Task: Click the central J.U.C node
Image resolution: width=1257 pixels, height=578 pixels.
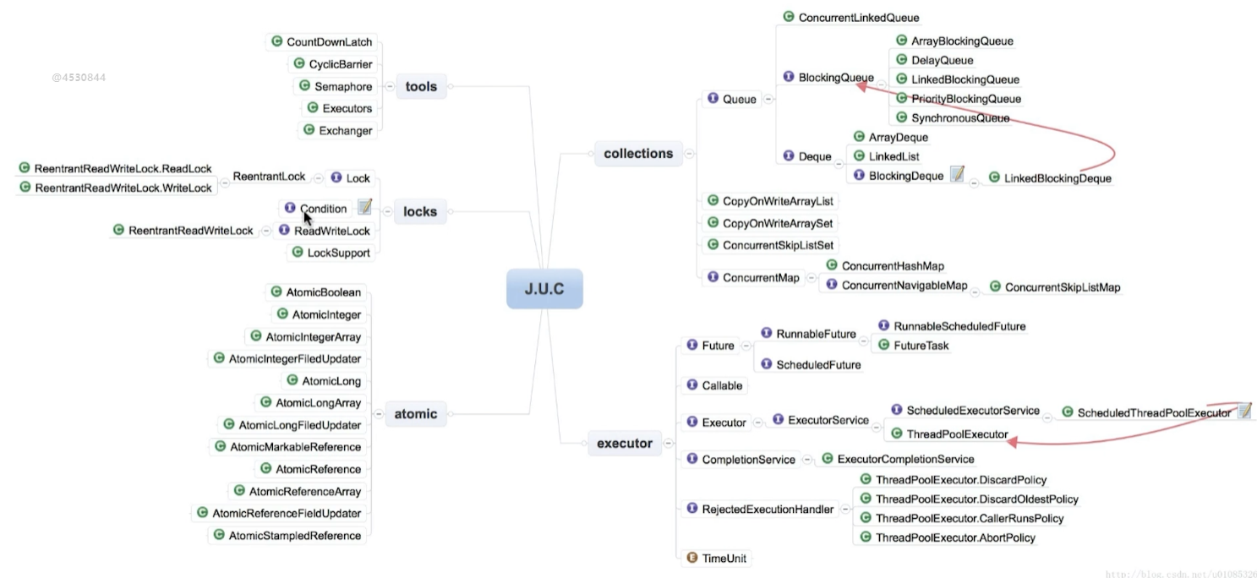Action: click(544, 289)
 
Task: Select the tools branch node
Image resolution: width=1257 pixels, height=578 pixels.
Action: click(421, 86)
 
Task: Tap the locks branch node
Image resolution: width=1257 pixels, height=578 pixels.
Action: click(420, 211)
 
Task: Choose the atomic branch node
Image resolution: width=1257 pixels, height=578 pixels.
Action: click(416, 414)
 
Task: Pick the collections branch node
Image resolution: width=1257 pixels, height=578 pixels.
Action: click(638, 153)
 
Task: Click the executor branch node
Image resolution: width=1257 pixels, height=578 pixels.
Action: click(625, 443)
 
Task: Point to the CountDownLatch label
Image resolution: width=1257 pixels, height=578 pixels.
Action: click(329, 42)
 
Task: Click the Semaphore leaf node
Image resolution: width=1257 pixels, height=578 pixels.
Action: click(342, 86)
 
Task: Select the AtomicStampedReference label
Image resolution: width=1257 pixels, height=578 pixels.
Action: click(294, 535)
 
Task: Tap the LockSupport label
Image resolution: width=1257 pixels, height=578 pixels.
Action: click(338, 252)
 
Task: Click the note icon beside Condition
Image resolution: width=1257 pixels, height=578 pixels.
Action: click(364, 207)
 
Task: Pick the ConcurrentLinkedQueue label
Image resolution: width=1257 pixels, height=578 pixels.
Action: click(858, 17)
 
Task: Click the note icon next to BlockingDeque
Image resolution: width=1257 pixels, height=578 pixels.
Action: click(957, 174)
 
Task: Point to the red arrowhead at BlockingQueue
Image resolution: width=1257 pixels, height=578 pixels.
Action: click(861, 84)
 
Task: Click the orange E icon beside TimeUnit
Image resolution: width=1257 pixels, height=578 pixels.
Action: click(691, 558)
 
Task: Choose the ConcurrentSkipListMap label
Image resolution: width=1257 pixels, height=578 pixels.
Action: click(1062, 287)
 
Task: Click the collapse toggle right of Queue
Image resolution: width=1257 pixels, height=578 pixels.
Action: click(767, 100)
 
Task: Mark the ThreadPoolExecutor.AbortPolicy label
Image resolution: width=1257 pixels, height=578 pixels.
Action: click(955, 537)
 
